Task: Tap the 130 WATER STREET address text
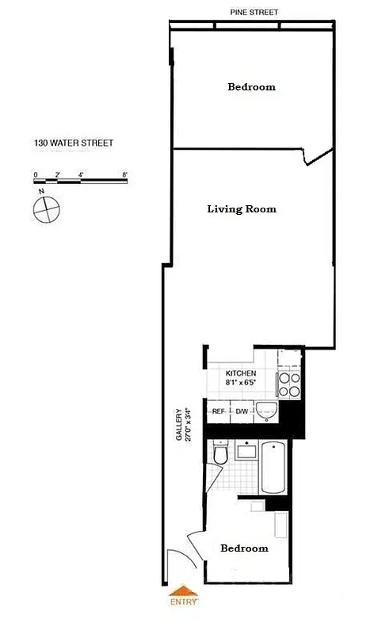pos(74,143)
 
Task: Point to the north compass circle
pos(47,209)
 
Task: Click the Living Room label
pos(242,209)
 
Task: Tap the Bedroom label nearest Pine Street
pos(251,87)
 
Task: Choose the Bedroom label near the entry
pos(244,548)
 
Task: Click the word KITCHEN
pos(241,372)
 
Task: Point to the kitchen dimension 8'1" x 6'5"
pos(241,382)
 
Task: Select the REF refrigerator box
pos(218,412)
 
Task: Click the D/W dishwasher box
pos(242,412)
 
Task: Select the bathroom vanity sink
pos(247,452)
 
